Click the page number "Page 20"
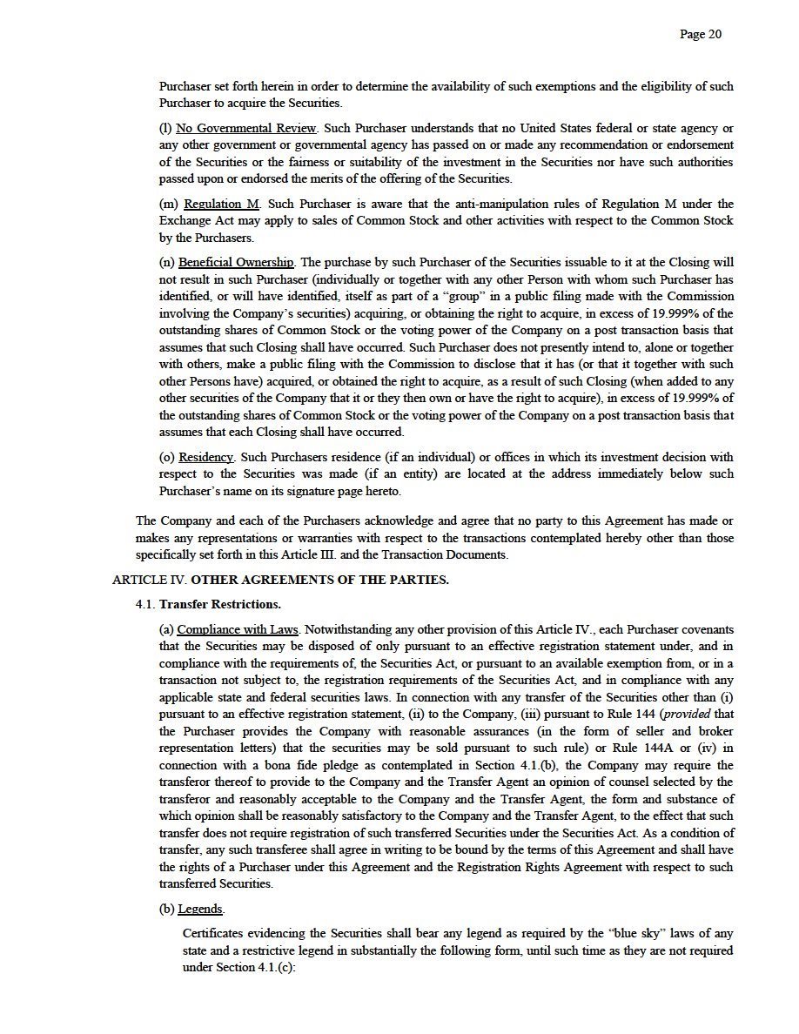click(701, 35)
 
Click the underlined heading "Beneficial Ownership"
click(236, 263)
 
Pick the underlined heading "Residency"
click(206, 457)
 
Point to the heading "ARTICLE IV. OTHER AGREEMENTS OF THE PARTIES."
click(280, 580)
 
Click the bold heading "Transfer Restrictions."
click(220, 604)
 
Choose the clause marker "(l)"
click(165, 128)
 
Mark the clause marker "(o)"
click(167, 457)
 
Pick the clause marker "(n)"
click(167, 263)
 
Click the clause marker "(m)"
click(169, 204)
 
